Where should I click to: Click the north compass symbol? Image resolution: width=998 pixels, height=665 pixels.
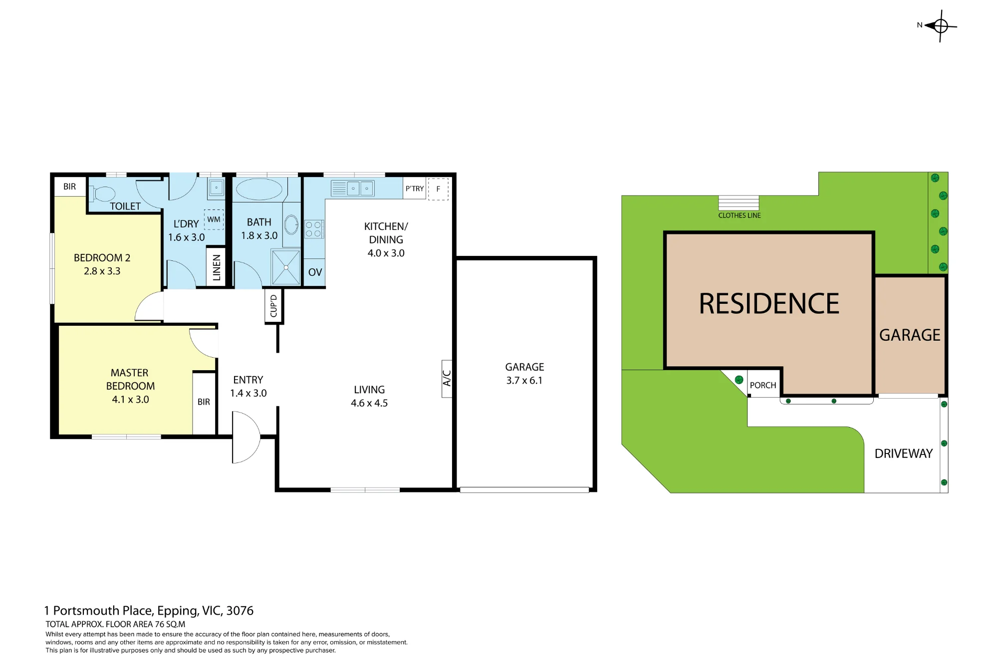coord(941,25)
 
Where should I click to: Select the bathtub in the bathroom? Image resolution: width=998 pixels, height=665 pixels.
coord(259,190)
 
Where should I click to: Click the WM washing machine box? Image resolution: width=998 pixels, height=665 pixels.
coord(214,220)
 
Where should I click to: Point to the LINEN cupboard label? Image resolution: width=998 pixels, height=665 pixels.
coord(217,267)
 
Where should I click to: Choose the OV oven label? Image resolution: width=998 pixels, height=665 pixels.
coord(315,272)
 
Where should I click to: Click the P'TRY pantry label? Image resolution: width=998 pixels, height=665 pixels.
coord(415,189)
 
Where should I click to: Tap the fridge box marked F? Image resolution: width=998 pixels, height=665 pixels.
coord(438,189)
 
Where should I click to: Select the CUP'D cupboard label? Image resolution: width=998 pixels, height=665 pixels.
coord(273,306)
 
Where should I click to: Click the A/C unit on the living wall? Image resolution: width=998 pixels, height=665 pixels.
coord(447,379)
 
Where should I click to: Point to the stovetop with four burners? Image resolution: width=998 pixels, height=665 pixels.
coord(314,229)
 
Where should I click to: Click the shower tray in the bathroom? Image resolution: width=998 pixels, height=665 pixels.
coord(286,267)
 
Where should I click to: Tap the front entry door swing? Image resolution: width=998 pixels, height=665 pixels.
coord(246,437)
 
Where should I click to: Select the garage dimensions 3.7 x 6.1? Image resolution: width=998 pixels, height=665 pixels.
coord(524,381)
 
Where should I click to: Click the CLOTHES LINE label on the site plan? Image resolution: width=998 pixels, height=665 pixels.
coord(740,216)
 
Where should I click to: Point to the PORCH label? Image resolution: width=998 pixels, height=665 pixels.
coord(763,386)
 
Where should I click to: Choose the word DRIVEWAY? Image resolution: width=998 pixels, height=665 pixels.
coord(904,453)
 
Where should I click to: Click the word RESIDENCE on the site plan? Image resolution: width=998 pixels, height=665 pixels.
coord(769,304)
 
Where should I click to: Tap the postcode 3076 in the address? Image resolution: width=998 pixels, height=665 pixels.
coord(240,611)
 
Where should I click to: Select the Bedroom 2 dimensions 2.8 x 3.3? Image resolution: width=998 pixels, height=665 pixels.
coord(102,271)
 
